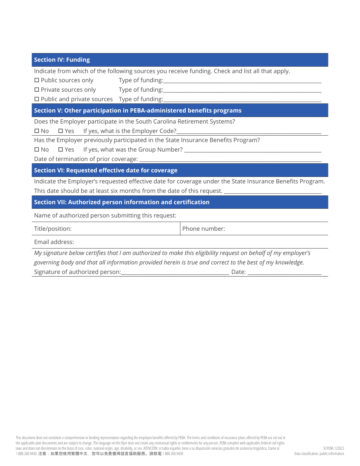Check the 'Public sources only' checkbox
tap(37, 80)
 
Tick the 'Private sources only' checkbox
tap(37, 90)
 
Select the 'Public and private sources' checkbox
tap(37, 99)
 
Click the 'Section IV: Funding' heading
tap(62, 60)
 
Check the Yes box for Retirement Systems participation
tap(60, 131)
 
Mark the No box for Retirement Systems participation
tap(37, 131)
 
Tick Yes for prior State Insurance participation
tap(60, 150)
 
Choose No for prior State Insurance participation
tap(37, 150)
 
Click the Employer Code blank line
tap(249, 132)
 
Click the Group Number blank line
tap(252, 151)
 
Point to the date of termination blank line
tap(230, 160)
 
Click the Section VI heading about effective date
tap(106, 170)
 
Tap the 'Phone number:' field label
tap(203, 229)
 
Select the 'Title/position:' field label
tap(53, 229)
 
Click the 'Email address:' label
tap(54, 242)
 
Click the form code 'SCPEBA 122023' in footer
tap(333, 448)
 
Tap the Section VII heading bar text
tap(122, 202)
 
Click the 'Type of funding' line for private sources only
tap(242, 91)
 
